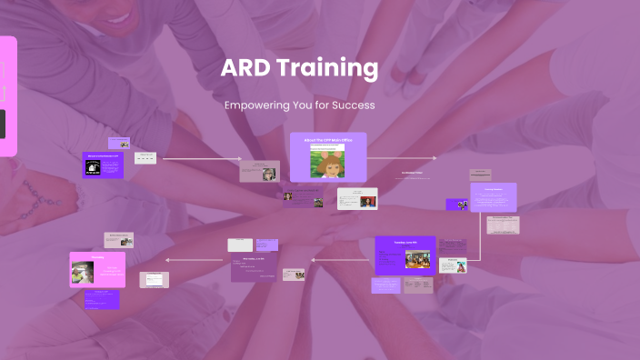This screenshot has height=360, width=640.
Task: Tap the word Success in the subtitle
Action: coord(353,105)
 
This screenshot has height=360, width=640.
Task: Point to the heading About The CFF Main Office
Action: coord(327,140)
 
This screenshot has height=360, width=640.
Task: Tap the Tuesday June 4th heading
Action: coord(405,243)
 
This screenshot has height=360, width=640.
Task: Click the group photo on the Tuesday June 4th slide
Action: coord(417,260)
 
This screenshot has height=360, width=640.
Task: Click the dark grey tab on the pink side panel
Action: coord(2,124)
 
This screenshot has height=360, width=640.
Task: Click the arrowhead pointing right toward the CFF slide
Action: coord(239,159)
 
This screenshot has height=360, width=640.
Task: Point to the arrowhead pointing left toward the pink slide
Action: coord(166,261)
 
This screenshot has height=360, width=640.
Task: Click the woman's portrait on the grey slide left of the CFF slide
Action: coord(269,173)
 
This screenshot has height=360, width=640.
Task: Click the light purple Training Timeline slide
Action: coord(494,197)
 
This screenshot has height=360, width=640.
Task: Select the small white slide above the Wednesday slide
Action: coord(240,245)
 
